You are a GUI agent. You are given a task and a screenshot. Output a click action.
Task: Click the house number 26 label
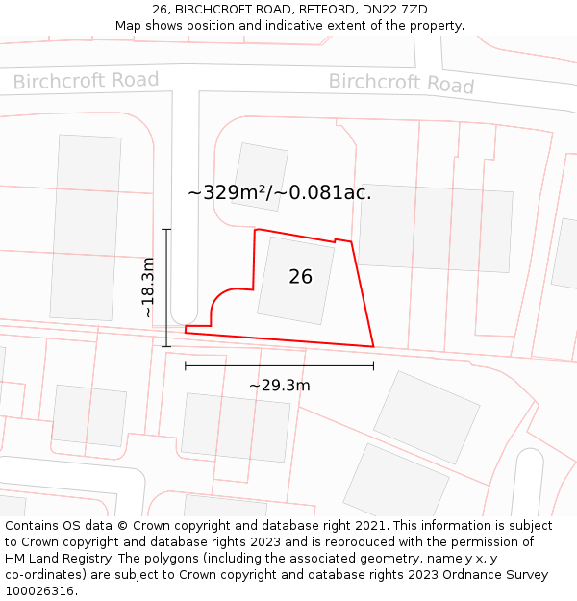[300, 277]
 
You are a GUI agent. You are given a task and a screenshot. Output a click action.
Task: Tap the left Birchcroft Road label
[86, 81]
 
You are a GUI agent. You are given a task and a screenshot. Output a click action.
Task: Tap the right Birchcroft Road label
[401, 83]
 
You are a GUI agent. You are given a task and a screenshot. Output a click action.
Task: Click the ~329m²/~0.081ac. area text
[279, 192]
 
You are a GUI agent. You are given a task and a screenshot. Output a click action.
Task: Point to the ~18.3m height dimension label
[147, 288]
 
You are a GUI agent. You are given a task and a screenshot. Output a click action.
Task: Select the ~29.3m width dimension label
[279, 386]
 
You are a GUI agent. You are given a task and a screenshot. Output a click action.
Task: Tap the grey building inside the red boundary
[295, 279]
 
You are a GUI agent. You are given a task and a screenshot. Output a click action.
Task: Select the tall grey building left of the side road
[87, 226]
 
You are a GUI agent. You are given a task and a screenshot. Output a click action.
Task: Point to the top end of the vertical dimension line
[166, 230]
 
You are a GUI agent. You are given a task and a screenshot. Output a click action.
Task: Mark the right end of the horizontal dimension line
[373, 365]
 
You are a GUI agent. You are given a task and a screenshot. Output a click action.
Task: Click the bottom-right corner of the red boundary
[373, 346]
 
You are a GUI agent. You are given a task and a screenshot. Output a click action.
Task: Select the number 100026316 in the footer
[39, 590]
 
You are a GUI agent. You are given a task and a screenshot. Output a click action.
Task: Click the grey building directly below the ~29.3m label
[236, 426]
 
